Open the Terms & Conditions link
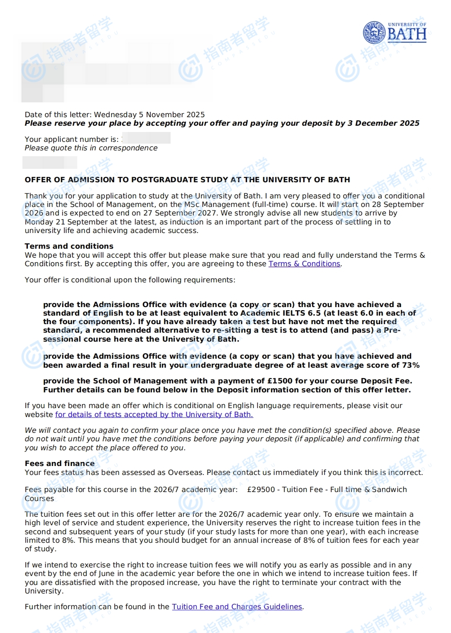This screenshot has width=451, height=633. click(304, 264)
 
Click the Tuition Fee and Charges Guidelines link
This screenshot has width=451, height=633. click(237, 607)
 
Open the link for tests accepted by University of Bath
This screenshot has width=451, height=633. click(154, 414)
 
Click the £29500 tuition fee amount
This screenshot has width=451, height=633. click(261, 490)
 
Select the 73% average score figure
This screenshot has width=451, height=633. click(411, 365)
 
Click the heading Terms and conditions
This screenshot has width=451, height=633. click(69, 246)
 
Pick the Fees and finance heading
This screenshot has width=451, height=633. click(60, 463)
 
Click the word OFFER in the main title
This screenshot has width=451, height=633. click(38, 180)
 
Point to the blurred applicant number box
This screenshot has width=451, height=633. click(146, 138)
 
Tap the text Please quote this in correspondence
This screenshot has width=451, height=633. click(91, 148)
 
